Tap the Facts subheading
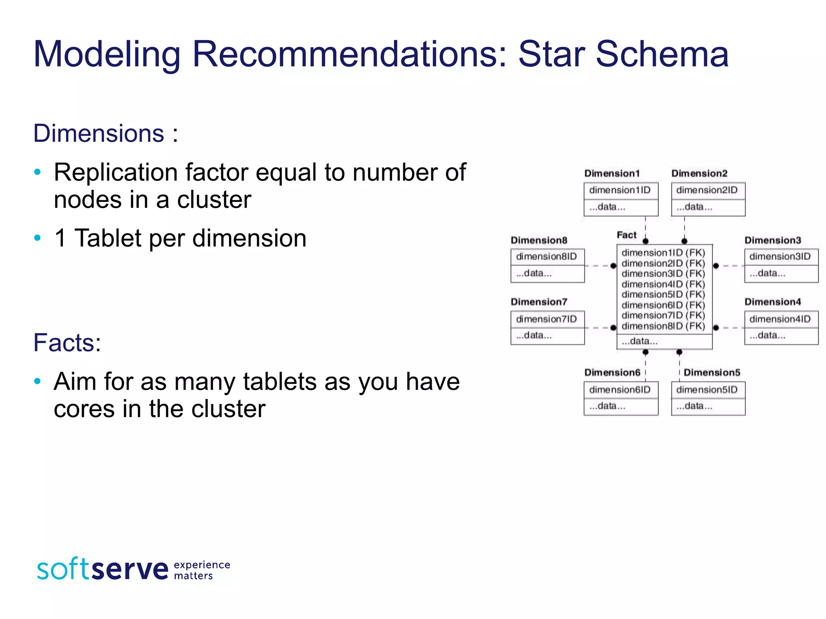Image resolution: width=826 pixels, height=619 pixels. point(67,343)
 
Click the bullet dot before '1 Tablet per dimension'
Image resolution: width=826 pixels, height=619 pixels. point(38,238)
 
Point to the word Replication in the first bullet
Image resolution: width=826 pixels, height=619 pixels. point(116,172)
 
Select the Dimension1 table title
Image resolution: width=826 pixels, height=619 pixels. point(612,174)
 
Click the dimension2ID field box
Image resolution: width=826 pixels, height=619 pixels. point(708,190)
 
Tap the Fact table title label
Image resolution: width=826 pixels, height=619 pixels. point(626,235)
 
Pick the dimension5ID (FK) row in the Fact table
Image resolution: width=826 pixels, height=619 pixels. point(663,295)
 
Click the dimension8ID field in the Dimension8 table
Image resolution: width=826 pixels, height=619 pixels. point(546,257)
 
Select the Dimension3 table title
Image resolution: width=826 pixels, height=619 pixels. point(772,240)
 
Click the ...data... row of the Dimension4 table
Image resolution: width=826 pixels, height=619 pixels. point(781,336)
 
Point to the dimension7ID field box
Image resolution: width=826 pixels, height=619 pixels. point(546,319)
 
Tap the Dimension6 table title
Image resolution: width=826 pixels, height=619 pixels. point(612,373)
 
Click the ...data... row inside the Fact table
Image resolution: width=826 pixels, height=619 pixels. point(664,341)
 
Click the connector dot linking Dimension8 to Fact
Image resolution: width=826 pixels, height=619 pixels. point(613,266)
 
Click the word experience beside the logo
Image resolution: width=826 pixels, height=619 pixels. point(202,565)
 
